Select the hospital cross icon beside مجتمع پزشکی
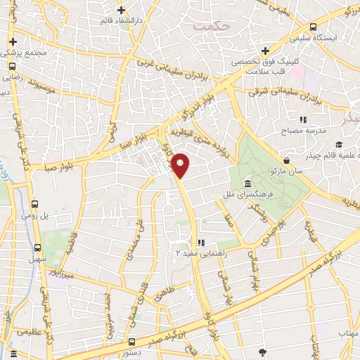tap(13, 42)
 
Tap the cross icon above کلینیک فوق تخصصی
tap(265, 51)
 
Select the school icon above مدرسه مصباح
tap(304, 120)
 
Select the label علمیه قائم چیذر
tap(330, 155)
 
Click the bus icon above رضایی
tap(12, 66)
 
